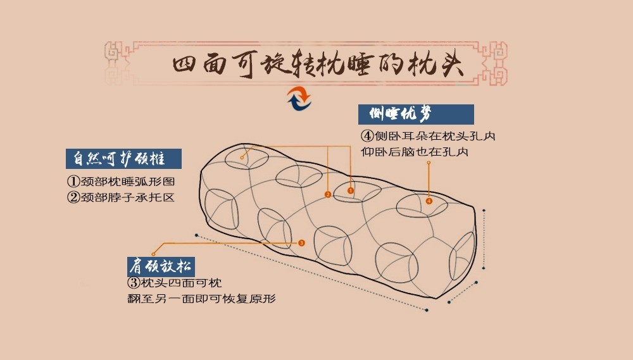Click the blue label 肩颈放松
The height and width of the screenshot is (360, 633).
tap(161, 264)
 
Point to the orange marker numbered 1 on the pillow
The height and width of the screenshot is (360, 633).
tap(351, 190)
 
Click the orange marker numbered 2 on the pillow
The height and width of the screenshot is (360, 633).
tap(327, 194)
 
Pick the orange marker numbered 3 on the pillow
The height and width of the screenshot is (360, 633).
tap(301, 242)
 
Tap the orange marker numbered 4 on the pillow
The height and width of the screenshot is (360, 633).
tap(429, 201)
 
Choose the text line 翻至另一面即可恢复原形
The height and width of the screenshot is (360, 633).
tap(202, 298)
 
